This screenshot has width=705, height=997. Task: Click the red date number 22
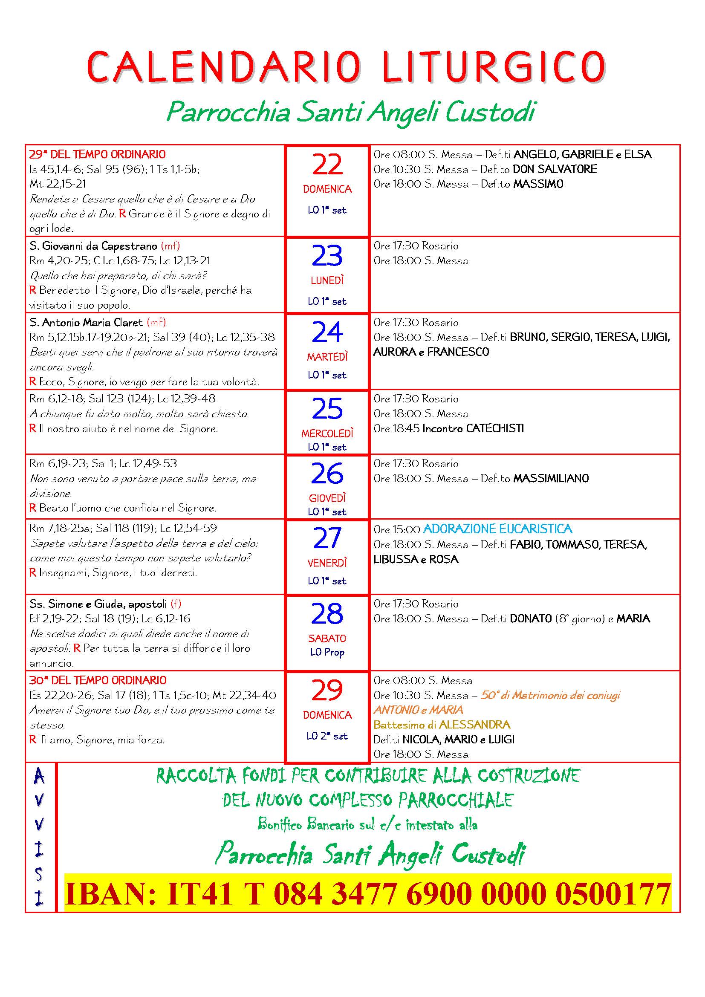click(x=327, y=165)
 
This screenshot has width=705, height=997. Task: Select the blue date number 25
click(x=327, y=409)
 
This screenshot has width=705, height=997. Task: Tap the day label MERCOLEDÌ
click(x=327, y=433)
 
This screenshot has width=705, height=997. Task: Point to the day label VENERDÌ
click(x=327, y=563)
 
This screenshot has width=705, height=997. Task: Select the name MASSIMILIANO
click(x=551, y=479)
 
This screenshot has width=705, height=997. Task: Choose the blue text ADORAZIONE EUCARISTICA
click(x=497, y=529)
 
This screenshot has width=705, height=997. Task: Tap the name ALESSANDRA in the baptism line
click(x=474, y=725)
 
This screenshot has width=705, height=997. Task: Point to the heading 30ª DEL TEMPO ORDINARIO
click(x=98, y=680)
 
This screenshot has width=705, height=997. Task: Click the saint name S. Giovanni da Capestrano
click(x=93, y=246)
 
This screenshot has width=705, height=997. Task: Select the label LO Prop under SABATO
click(x=327, y=652)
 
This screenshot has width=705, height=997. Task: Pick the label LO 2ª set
click(x=327, y=736)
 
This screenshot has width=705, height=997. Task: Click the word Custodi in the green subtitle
click(x=490, y=112)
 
